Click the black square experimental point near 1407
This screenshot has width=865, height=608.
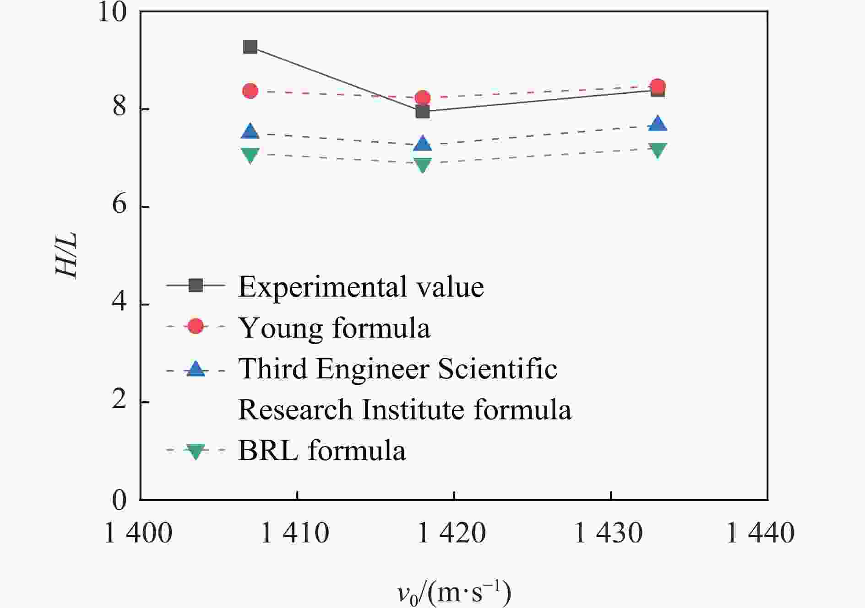250,47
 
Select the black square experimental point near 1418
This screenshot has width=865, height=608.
422,112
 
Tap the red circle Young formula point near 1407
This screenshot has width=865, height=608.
250,91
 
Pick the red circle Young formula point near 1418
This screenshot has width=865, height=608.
422,98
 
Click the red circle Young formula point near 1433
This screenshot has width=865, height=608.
658,86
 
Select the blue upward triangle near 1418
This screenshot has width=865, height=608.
422,144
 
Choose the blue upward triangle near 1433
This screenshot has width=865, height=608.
658,124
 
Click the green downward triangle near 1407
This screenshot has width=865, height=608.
250,155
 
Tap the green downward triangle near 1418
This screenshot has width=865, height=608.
422,164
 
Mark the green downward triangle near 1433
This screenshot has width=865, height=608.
658,149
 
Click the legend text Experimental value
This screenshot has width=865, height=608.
361,287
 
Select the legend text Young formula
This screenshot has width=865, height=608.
334,328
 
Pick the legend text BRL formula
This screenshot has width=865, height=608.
322,450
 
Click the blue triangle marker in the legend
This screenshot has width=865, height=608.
196,369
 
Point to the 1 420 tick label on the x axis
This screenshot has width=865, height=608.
452,533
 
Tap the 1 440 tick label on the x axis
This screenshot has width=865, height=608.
761,533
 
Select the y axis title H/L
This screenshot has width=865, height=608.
67,255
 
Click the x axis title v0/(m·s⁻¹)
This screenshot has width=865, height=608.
454,593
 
